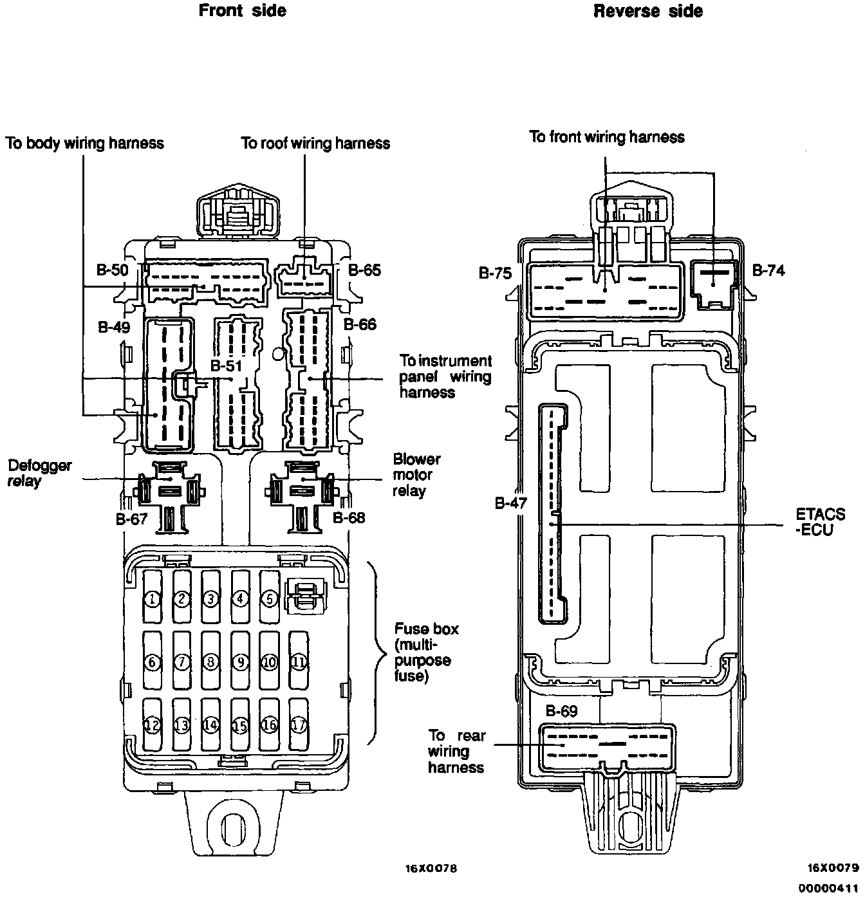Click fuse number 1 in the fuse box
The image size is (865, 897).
coord(152,600)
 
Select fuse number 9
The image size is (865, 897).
coord(240,662)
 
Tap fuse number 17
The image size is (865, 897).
coord(298,725)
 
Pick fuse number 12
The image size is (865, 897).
coord(152,725)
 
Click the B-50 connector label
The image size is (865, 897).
coord(113,270)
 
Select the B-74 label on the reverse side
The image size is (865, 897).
coord(768,270)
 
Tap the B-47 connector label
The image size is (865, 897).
coord(511,503)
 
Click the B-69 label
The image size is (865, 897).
coord(561,711)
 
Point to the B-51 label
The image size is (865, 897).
coord(226,366)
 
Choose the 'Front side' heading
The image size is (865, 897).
coord(243,11)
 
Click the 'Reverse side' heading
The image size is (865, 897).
coord(647,11)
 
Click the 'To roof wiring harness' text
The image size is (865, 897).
coord(315,143)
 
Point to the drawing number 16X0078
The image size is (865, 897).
coord(431,868)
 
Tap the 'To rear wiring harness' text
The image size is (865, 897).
coord(456,752)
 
